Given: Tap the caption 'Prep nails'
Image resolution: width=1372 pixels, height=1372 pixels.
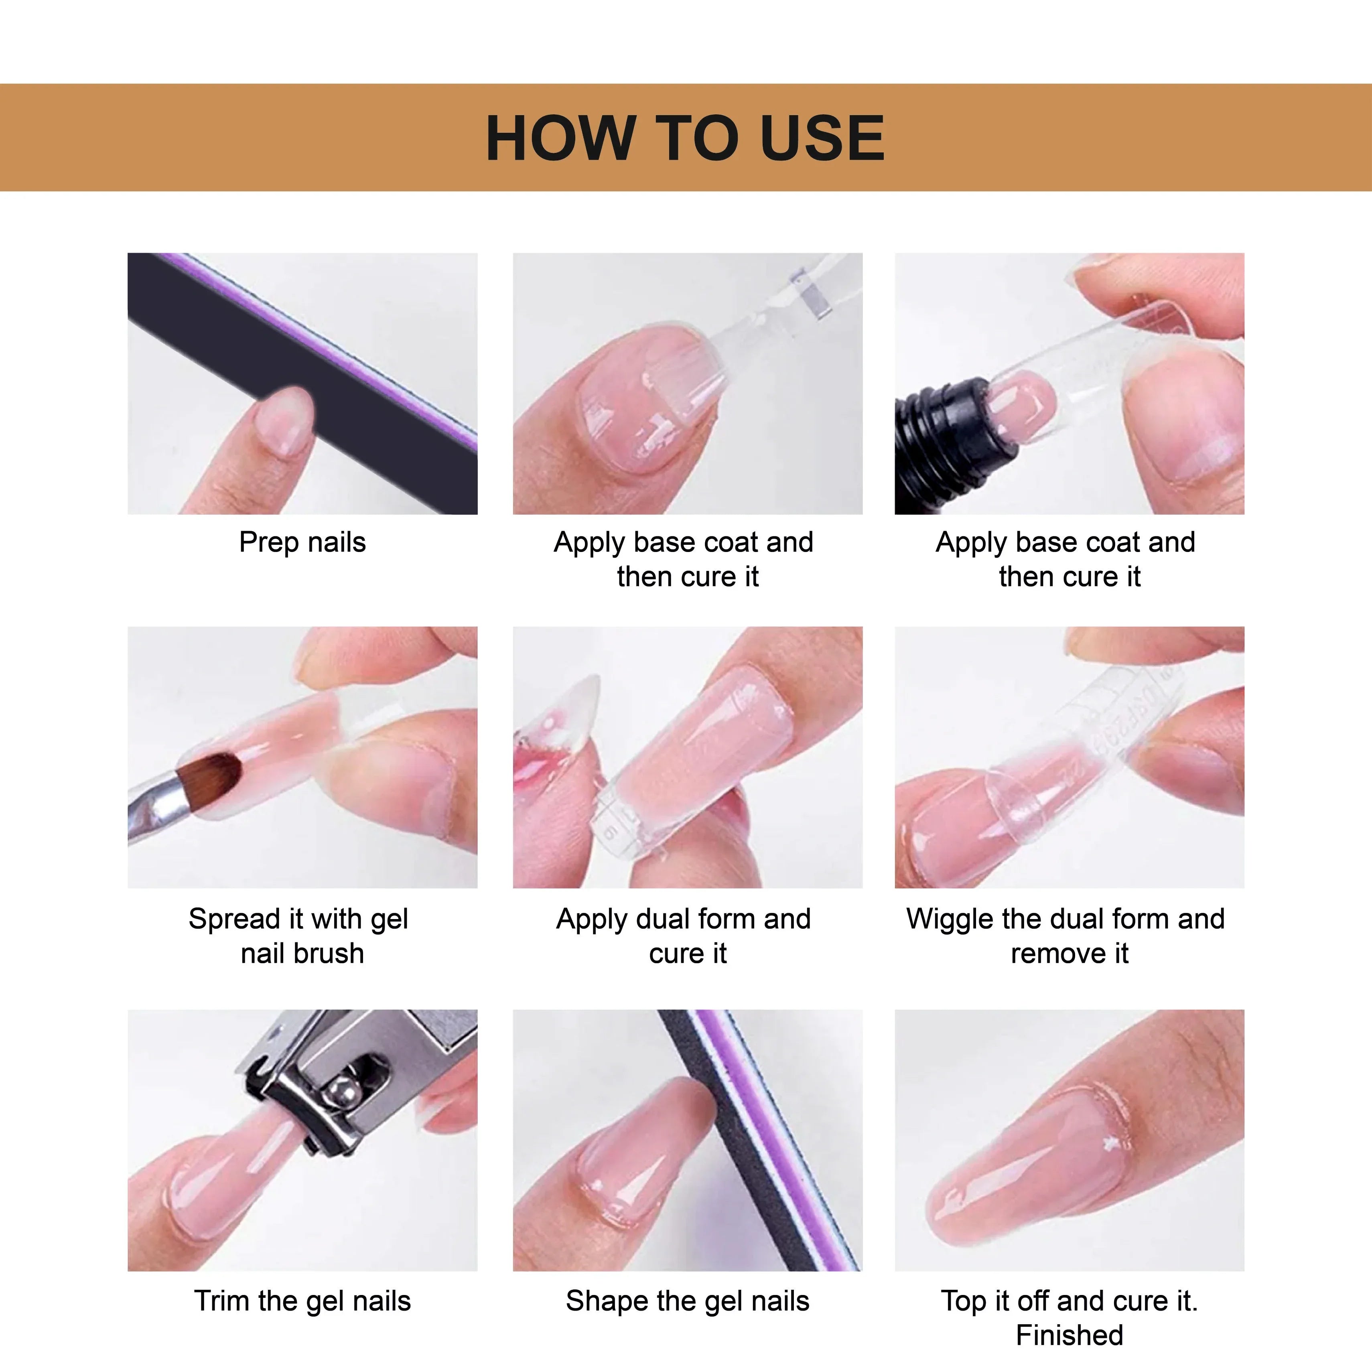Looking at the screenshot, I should [302, 542].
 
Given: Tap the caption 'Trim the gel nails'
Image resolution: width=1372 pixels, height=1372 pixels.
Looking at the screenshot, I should [302, 1301].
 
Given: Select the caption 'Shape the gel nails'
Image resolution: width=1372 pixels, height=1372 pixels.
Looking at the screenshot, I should [688, 1301].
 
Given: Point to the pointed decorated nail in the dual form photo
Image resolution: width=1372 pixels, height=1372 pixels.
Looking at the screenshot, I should [568, 717].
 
